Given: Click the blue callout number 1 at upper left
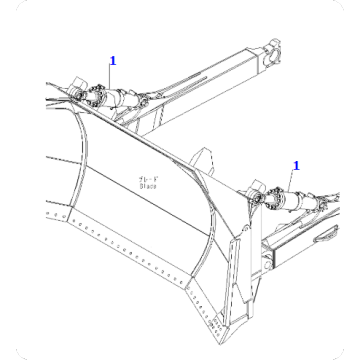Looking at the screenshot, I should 113,60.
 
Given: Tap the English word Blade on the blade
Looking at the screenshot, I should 147,185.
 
